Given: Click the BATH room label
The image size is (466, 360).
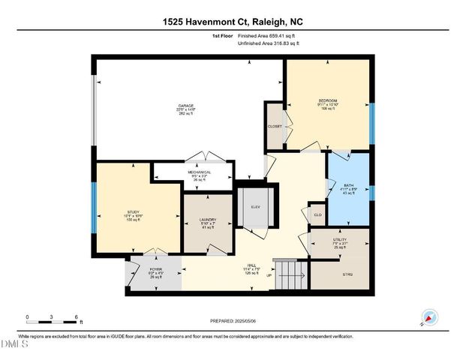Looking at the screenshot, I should coord(348,184).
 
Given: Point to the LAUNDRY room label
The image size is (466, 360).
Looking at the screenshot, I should coord(208,220).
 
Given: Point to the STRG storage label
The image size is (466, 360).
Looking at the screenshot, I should coord(347,274).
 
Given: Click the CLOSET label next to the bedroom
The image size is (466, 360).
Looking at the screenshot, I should coord(275,126).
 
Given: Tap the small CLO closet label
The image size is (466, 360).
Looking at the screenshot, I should coord(317,214).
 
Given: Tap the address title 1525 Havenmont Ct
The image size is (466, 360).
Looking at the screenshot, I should coord(233,10).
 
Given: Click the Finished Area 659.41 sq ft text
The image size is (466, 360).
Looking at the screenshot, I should coord(266,35).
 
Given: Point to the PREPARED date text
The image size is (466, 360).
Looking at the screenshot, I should coord(233,321).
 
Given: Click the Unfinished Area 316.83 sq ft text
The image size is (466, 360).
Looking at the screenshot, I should coord(268,43).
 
